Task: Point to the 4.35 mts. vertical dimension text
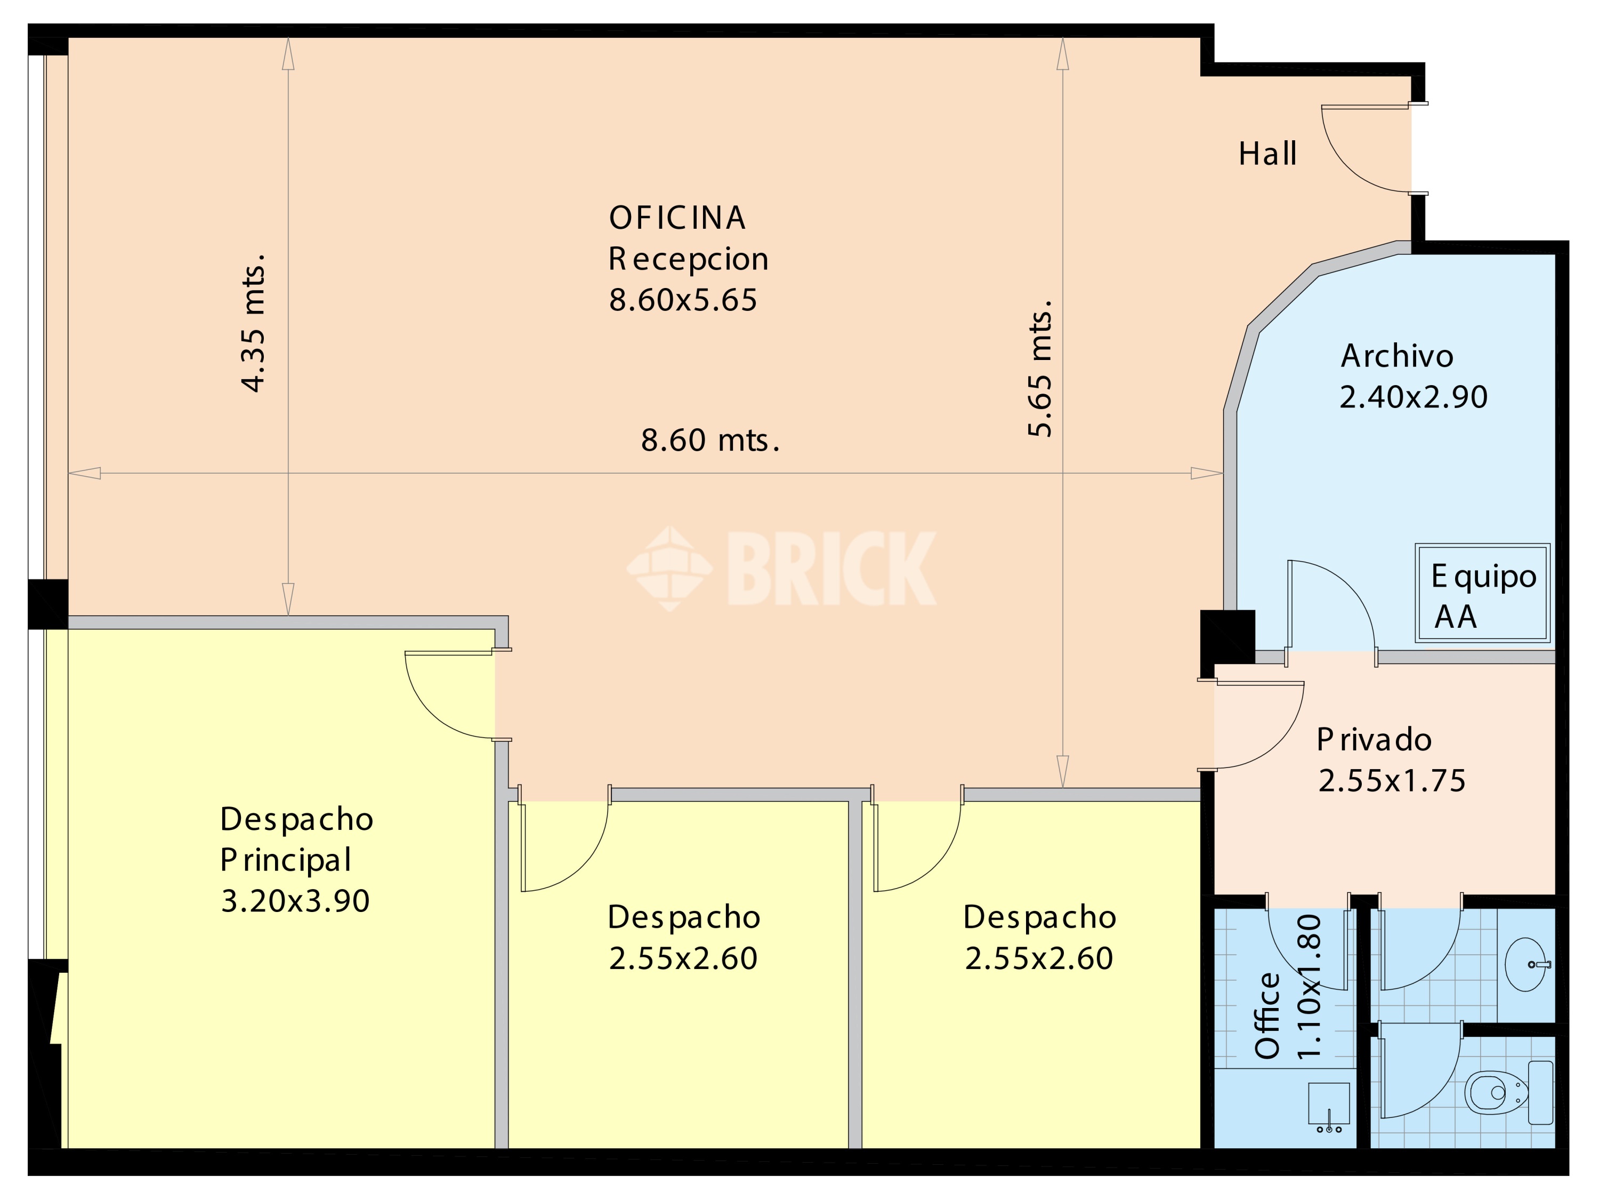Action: (254, 323)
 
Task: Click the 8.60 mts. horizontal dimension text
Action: (710, 440)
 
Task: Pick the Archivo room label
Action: (1396, 356)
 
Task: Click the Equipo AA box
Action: (1483, 593)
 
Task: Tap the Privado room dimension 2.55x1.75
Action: (1392, 780)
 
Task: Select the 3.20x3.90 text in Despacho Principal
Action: (295, 901)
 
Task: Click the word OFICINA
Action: (676, 218)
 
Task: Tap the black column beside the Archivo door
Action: (1227, 636)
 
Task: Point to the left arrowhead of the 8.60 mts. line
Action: (84, 473)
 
